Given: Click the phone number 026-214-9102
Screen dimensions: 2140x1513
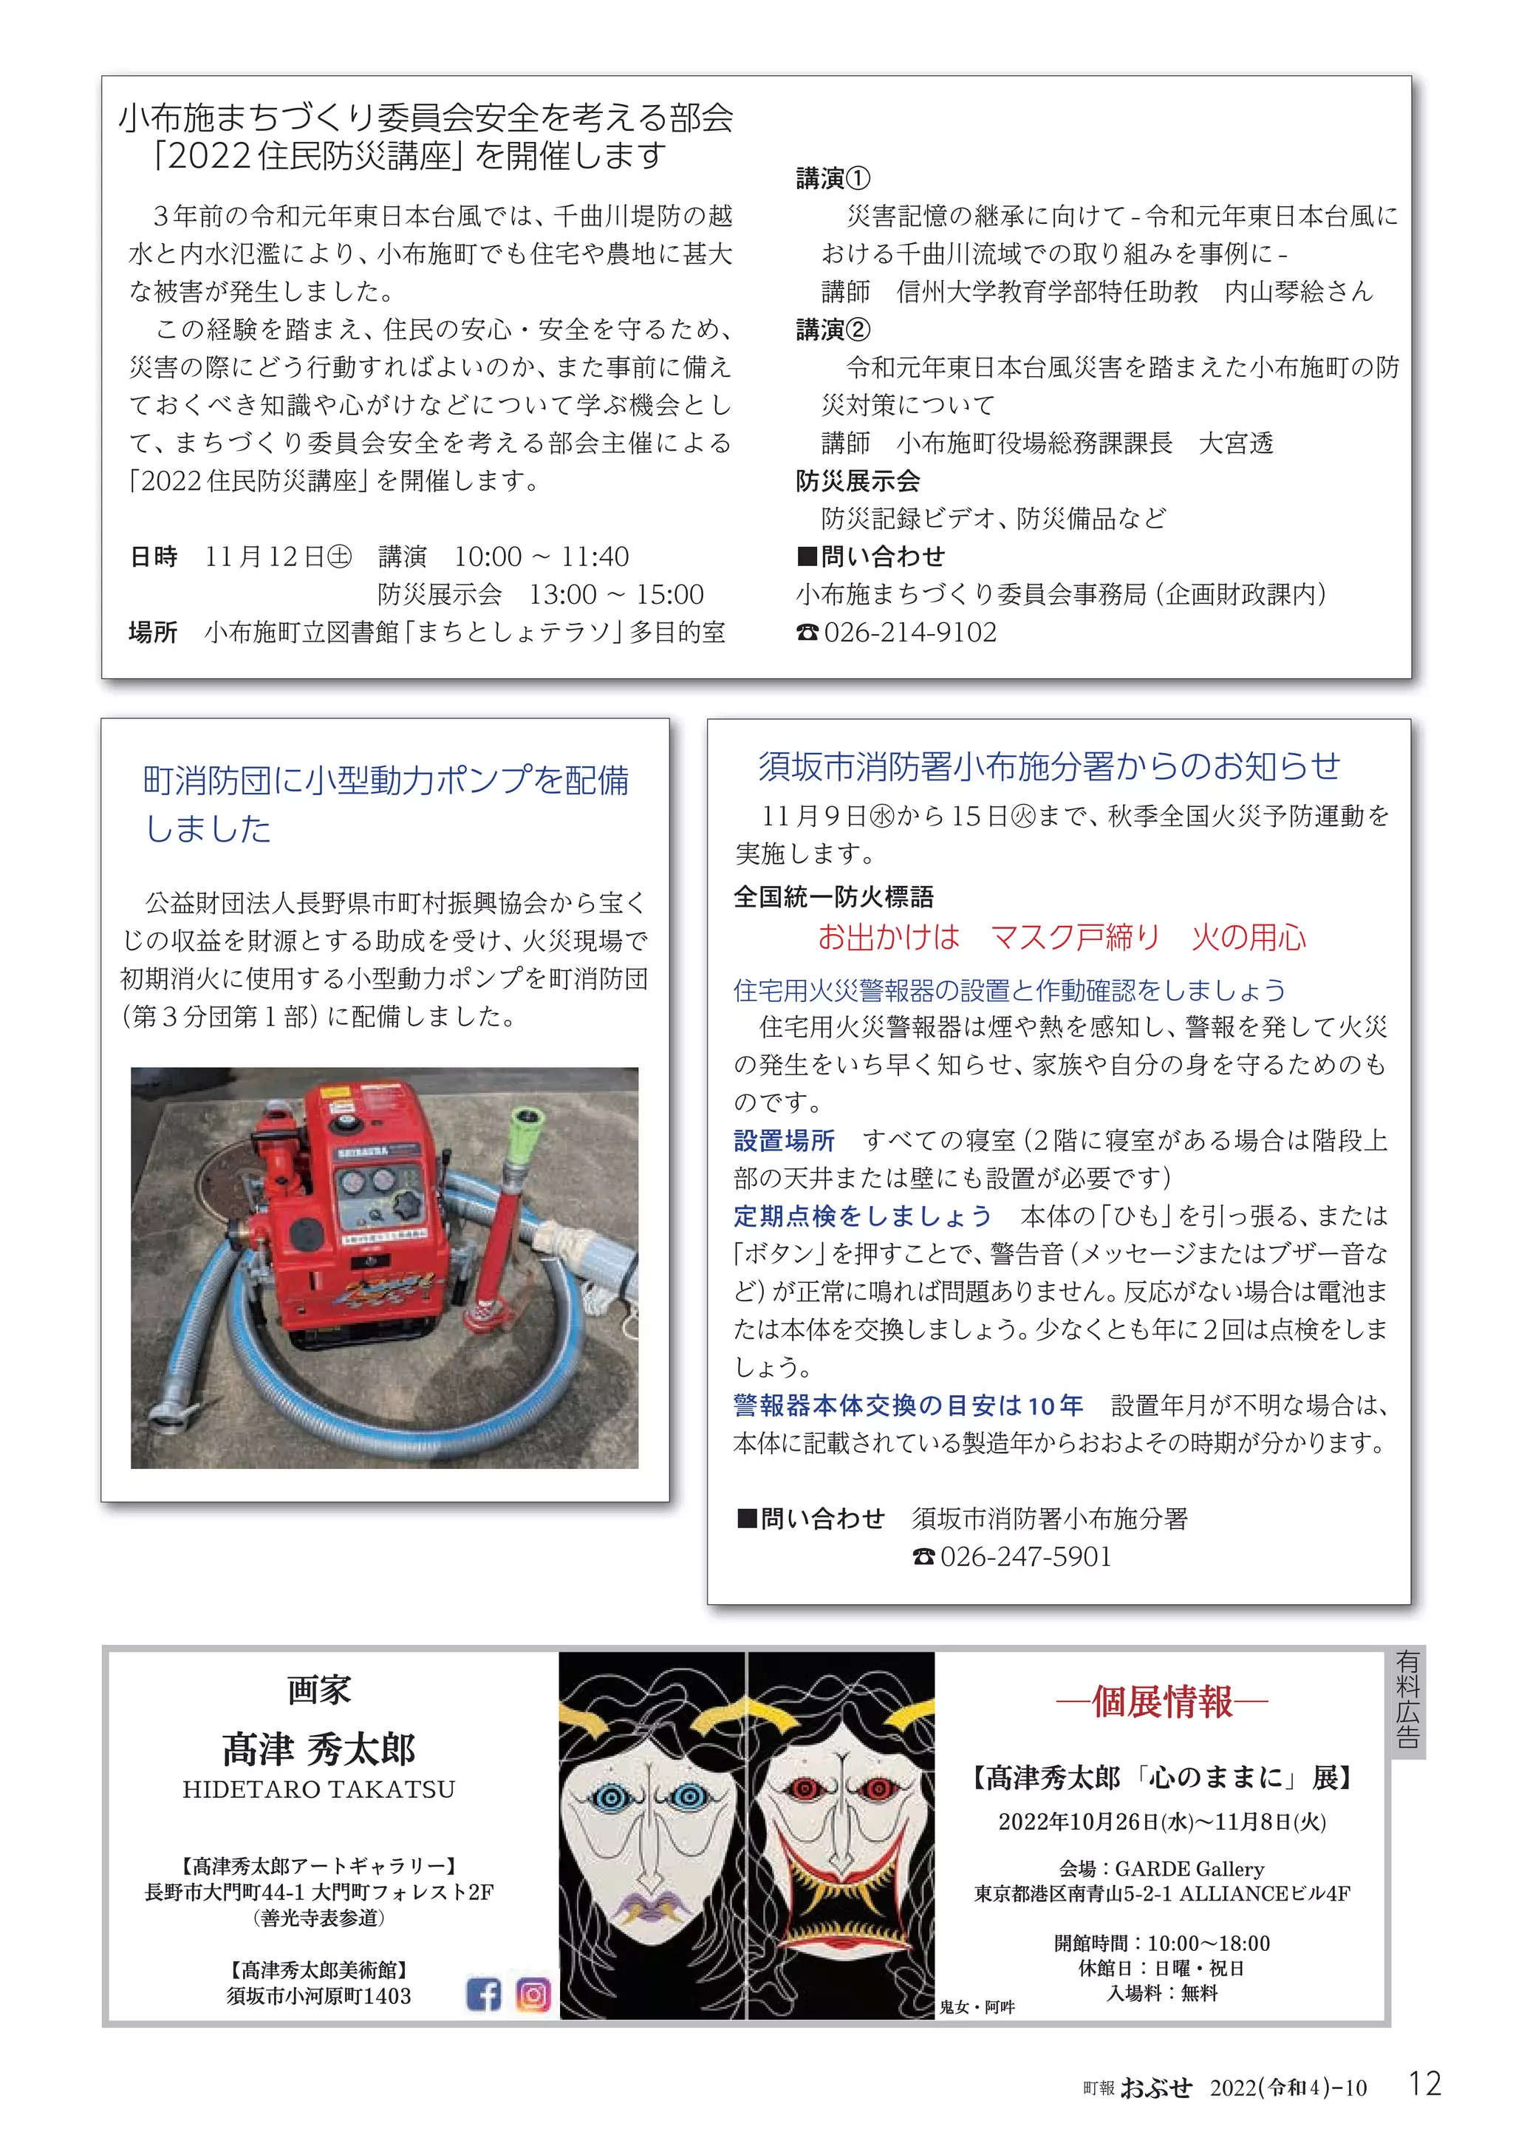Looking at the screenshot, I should click(909, 632).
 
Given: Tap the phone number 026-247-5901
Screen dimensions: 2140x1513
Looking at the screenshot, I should click(1025, 1556).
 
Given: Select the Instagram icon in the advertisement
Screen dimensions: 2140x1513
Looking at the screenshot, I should click(533, 1994).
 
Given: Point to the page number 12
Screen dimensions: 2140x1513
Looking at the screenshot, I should click(1424, 2084).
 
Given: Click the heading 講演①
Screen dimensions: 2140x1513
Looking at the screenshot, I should click(833, 178).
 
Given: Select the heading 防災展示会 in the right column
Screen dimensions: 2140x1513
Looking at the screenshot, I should click(857, 481).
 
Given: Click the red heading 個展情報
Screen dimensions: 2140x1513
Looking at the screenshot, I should click(1162, 1702).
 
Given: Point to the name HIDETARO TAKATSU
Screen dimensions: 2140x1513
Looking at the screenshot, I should click(318, 1790).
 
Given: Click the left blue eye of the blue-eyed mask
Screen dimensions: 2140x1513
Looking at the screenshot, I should click(611, 1796).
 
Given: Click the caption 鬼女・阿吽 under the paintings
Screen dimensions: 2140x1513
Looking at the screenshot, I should click(977, 2007).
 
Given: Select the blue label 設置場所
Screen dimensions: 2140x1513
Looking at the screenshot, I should click(784, 1140).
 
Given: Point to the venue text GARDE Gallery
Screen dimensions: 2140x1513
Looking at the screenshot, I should click(1189, 1869).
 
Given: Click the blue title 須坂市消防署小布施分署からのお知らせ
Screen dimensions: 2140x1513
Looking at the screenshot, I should click(1049, 766).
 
